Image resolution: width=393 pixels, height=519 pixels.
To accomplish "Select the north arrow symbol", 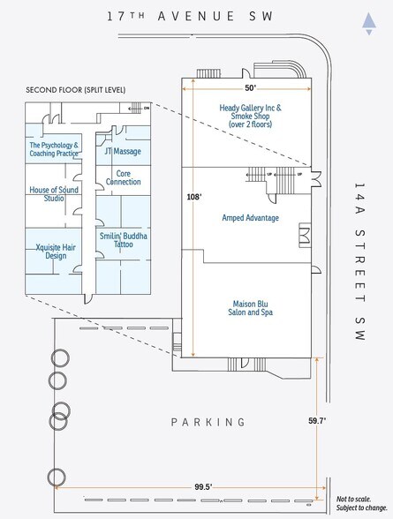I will (x=368, y=23).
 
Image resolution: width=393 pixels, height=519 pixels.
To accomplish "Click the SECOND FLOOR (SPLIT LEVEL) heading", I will (x=75, y=90).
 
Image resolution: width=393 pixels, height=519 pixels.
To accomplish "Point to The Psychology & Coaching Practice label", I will (x=54, y=149).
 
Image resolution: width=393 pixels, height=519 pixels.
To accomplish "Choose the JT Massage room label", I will (x=122, y=152).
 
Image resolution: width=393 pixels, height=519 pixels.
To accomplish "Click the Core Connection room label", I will (x=123, y=177).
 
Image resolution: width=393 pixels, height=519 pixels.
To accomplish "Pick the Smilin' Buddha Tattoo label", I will (x=123, y=242).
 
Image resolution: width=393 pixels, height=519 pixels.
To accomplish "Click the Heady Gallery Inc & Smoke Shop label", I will (x=250, y=117).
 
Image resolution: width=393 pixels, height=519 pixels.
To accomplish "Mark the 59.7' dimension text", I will (x=318, y=421).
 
